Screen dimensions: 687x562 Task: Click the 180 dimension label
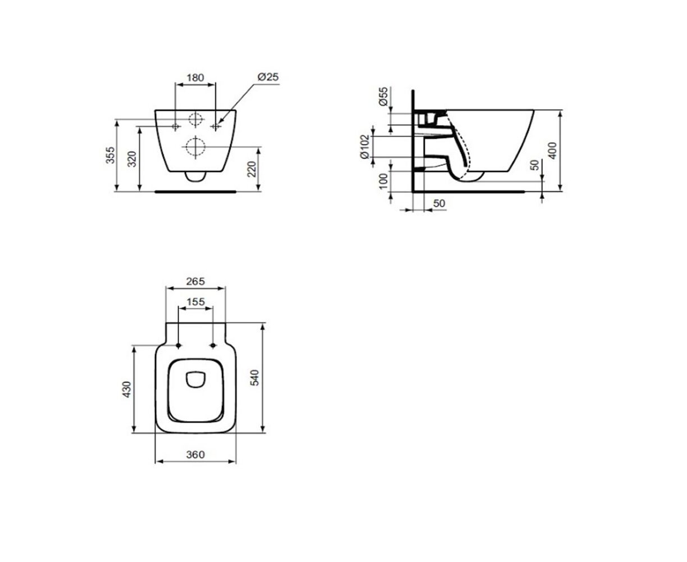coord(195,78)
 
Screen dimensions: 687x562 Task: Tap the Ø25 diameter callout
coord(268,77)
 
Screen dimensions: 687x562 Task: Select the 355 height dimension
coord(111,155)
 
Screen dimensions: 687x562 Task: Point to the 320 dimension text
coord(131,159)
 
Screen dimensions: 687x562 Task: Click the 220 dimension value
coord(252,169)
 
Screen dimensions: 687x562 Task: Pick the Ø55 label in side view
coord(384,97)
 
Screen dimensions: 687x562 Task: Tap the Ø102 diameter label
coord(365,147)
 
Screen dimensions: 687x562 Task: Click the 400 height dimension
coord(553,151)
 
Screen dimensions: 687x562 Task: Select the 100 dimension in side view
coord(384,181)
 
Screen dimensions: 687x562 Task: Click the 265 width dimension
coord(195,281)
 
